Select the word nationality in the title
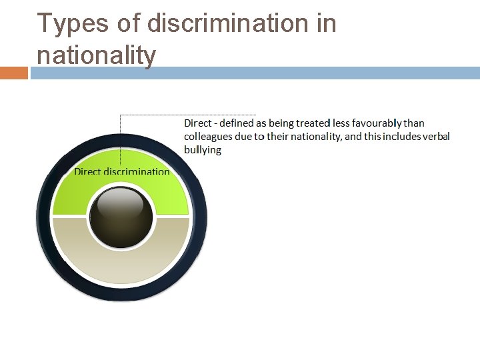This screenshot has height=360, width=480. click(96, 54)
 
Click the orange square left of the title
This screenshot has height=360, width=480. click(13, 73)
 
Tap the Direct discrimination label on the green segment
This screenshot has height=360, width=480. click(122, 171)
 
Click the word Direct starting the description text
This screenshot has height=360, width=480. click(198, 123)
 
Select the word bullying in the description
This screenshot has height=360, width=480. click(203, 150)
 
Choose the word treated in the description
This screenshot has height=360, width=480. click(313, 123)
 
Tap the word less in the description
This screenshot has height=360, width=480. click(341, 123)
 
